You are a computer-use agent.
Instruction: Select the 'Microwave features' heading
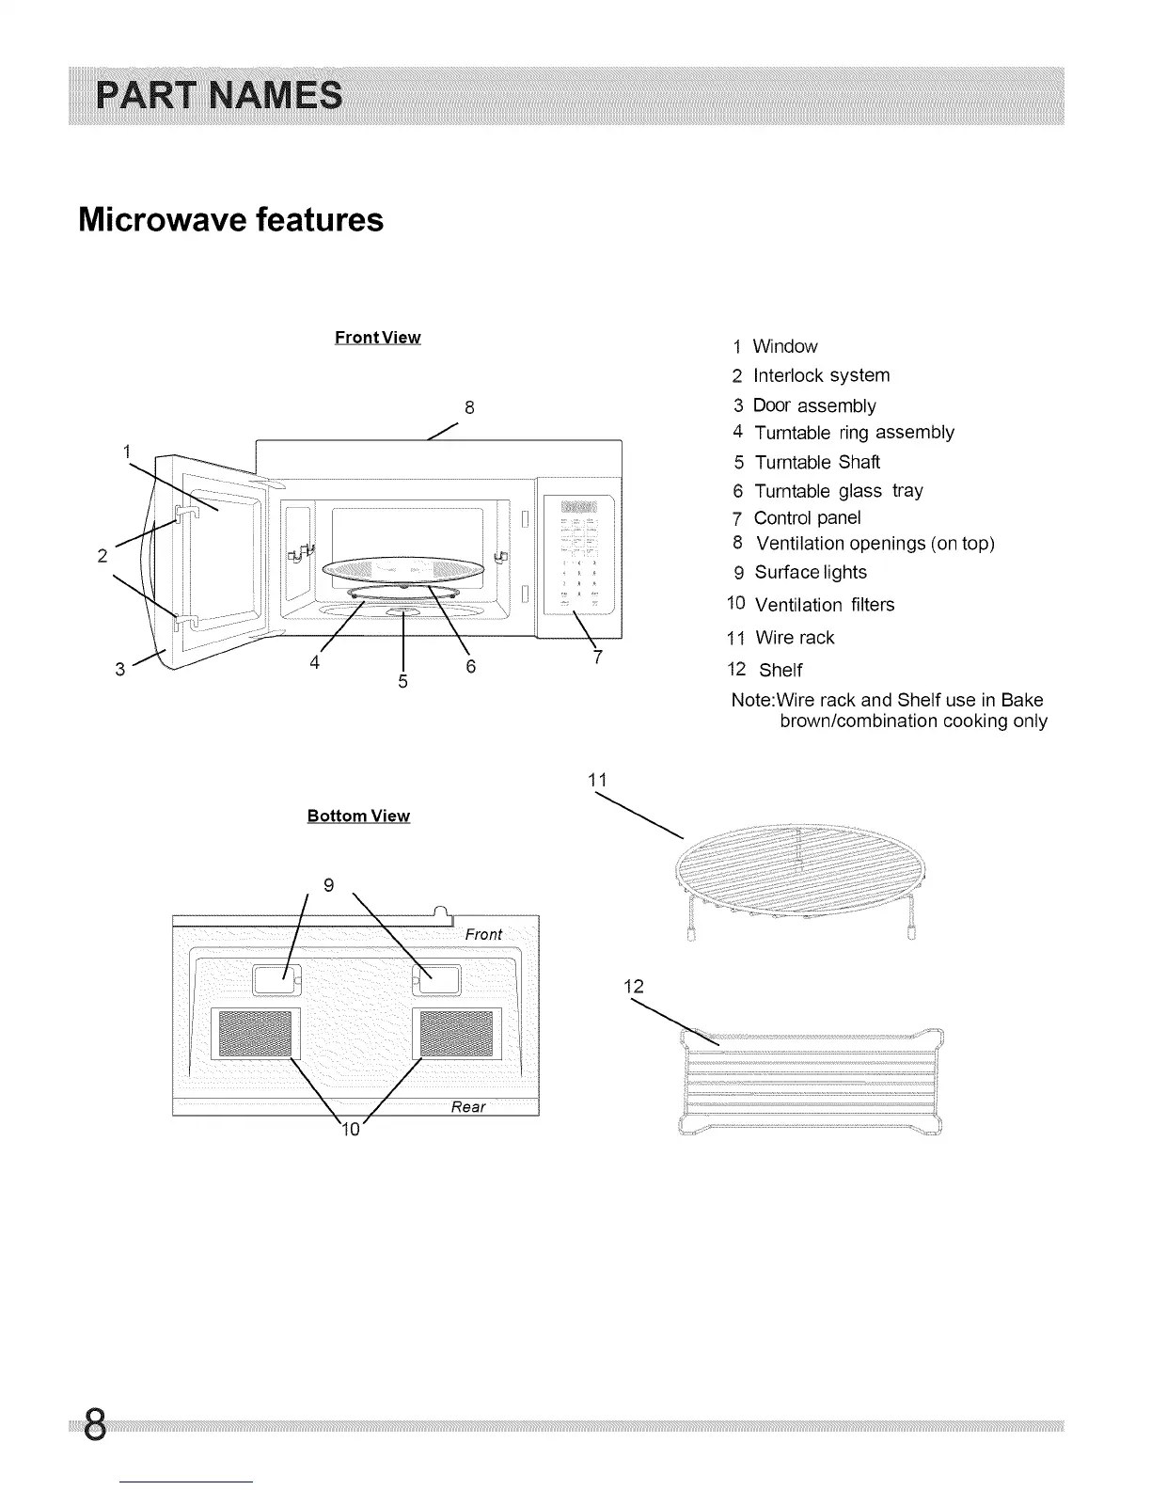tap(231, 220)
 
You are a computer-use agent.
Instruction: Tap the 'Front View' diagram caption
tap(377, 338)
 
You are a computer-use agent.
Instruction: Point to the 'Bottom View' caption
tap(358, 816)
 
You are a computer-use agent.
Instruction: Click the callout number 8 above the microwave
tap(469, 407)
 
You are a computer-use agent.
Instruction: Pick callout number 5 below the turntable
tap(402, 681)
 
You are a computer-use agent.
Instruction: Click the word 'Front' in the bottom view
tap(483, 934)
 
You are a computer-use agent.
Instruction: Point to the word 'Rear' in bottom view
tap(468, 1107)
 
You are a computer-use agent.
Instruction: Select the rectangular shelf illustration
tap(811, 1082)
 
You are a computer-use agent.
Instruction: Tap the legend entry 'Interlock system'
tap(821, 375)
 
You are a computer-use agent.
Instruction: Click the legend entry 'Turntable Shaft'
tap(816, 462)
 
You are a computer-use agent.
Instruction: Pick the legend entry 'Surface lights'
tap(810, 572)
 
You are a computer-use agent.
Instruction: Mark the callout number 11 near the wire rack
tap(597, 780)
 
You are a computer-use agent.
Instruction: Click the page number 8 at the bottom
tap(93, 1426)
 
